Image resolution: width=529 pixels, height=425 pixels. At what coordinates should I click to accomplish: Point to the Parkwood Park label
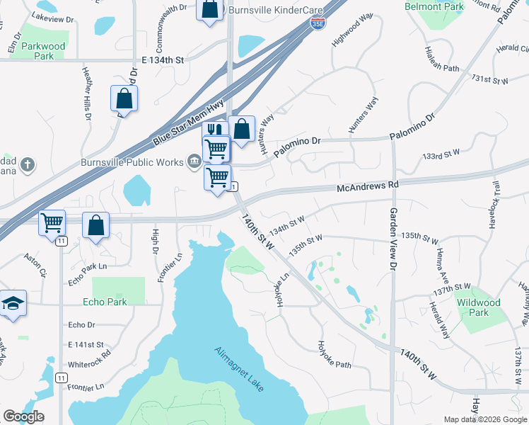click(43, 51)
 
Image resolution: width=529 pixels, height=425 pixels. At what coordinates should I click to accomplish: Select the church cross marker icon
click(28, 165)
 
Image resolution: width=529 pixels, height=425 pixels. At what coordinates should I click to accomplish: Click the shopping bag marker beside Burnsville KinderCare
click(210, 10)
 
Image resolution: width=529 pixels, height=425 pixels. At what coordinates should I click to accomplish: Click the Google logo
click(23, 416)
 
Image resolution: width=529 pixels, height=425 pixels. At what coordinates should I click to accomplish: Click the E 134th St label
click(162, 61)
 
